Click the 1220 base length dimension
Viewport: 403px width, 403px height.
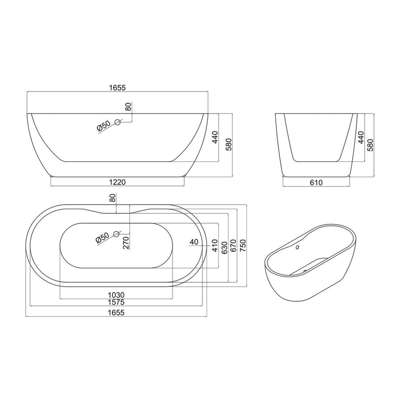pos(117,182)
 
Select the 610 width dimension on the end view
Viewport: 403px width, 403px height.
pos(316,183)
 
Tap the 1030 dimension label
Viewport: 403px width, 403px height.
pos(116,295)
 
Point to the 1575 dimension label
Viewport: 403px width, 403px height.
pos(116,302)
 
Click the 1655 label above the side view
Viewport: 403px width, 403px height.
pos(117,87)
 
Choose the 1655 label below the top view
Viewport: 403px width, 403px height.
pos(116,313)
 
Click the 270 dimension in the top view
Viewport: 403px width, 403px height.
pos(126,243)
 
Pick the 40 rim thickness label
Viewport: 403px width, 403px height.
pos(194,242)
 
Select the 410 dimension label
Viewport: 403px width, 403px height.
pos(215,245)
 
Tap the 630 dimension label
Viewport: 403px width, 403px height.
pos(224,248)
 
